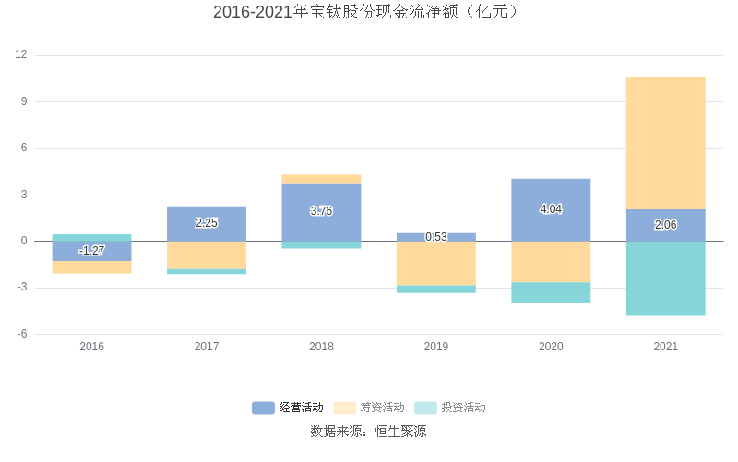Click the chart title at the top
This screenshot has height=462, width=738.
point(369,12)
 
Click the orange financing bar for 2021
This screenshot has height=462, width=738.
point(666,143)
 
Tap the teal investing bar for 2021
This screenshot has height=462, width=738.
point(666,278)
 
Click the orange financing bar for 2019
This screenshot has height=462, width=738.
point(436,264)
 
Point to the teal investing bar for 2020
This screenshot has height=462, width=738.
point(551,293)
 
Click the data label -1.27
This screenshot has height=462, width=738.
point(91,251)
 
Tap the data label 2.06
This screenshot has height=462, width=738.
point(666,225)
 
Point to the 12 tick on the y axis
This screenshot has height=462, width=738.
point(21,55)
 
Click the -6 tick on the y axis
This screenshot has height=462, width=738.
point(21,334)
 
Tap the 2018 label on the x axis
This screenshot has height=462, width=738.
point(321,347)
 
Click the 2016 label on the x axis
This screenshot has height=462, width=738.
point(91,347)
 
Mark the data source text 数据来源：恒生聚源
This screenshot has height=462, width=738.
point(369,431)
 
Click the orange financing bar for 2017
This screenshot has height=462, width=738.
point(207,255)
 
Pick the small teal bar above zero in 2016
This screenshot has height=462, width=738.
point(91,238)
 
